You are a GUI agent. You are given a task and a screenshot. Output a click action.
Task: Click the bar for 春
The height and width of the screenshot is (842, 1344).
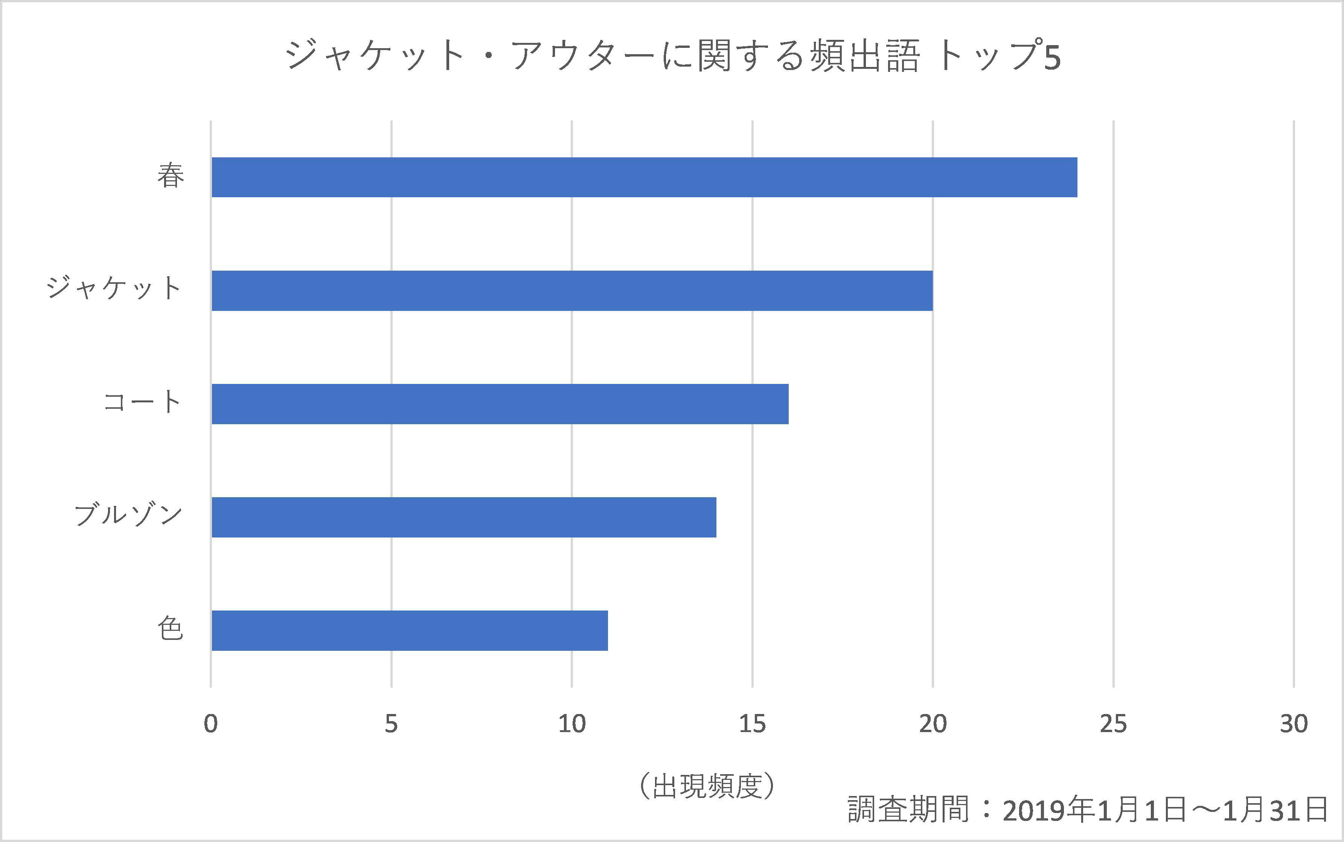(x=644, y=177)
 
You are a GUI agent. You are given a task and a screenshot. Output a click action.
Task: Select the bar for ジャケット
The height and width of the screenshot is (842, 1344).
(x=572, y=291)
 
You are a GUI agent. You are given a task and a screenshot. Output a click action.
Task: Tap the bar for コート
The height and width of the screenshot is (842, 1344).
(x=500, y=404)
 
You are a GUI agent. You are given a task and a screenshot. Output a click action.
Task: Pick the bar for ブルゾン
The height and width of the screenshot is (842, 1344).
(x=463, y=517)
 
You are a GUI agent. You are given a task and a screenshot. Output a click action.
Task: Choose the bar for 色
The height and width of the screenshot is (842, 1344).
(x=409, y=630)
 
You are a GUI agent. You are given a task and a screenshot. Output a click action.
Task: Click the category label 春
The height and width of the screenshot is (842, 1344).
(x=171, y=177)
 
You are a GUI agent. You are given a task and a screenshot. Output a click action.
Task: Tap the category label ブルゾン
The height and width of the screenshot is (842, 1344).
(x=128, y=516)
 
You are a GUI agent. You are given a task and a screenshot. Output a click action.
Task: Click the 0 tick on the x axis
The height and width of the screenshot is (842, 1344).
(x=210, y=724)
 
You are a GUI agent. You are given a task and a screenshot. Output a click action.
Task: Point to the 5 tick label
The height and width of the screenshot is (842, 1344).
(x=391, y=724)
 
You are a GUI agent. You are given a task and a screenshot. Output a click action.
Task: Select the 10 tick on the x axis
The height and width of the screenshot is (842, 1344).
(x=572, y=724)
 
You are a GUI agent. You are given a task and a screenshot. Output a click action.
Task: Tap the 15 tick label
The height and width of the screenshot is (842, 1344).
(x=753, y=724)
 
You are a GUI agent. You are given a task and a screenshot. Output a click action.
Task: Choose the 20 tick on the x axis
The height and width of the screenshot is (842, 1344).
(x=933, y=724)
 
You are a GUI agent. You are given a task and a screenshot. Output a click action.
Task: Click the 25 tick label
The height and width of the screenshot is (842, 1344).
(x=1113, y=724)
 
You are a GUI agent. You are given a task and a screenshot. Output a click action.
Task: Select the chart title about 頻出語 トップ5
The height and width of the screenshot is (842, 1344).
(x=673, y=56)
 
